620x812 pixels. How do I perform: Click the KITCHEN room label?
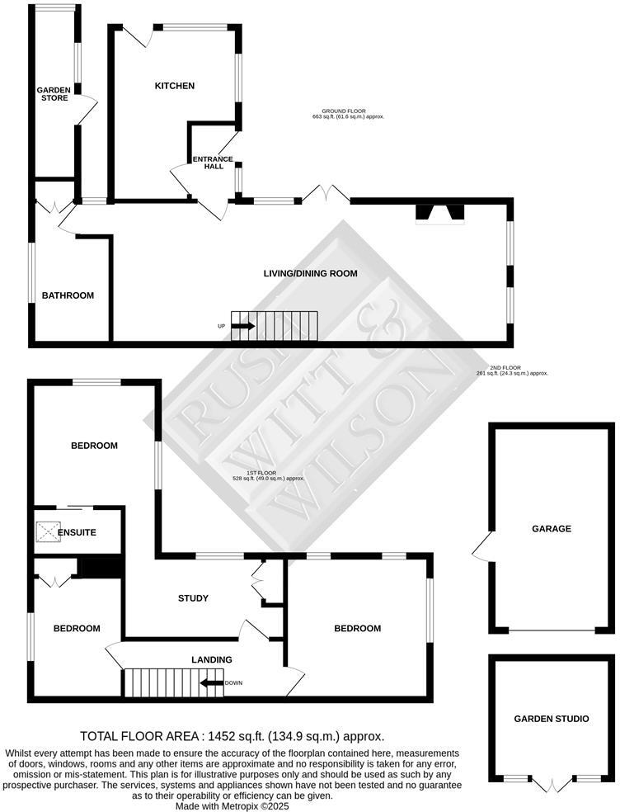175,86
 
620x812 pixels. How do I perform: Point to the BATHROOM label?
68,295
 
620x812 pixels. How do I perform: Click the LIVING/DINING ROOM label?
310,273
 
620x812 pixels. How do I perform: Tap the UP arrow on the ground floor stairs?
242,326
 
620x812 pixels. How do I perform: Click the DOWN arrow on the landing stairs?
213,682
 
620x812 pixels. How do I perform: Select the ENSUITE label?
77,532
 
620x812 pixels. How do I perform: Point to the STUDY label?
193,598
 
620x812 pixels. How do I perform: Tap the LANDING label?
211,659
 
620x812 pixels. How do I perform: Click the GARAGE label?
552,529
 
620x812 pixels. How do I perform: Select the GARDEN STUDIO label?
552,719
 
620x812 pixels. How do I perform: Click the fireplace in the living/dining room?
440,214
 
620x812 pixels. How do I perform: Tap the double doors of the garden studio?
551,784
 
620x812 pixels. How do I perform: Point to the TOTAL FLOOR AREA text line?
232,736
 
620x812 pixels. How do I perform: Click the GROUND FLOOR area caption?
349,114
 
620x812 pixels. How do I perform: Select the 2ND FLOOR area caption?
513,371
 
